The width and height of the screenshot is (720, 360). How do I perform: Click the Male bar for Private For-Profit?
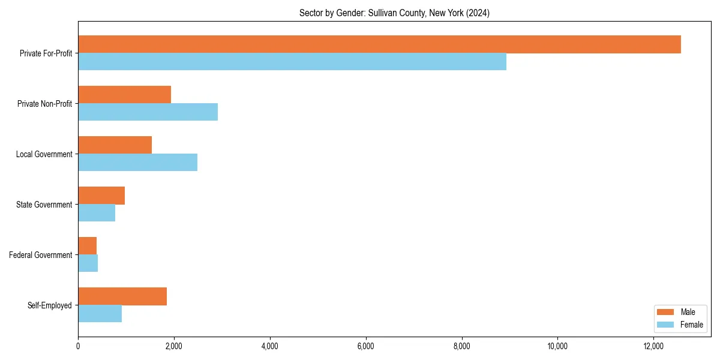[379, 44]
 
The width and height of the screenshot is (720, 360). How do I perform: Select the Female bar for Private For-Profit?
[292, 62]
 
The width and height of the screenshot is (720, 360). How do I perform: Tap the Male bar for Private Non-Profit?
[124, 95]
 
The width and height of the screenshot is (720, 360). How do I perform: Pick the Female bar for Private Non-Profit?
[148, 112]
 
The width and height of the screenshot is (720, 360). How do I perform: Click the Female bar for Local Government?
[137, 163]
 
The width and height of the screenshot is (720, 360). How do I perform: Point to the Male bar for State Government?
[101, 196]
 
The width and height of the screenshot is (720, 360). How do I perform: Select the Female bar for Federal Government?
[88, 263]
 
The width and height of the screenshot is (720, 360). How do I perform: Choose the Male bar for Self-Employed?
[122, 296]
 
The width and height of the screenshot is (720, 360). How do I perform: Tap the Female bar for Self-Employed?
[100, 314]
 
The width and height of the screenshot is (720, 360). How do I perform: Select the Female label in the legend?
[691, 325]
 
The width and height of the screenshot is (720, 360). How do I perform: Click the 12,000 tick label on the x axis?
[653, 346]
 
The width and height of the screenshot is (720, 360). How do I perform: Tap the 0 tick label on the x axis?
[78, 346]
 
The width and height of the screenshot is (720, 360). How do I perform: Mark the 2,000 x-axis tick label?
[173, 346]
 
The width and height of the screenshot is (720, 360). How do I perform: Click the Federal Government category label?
[41, 255]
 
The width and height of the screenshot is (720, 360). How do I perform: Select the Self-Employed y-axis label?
[50, 305]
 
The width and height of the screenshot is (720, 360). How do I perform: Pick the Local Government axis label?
[44, 154]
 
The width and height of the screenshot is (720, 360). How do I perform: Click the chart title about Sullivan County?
[394, 13]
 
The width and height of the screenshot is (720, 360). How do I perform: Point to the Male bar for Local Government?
[115, 145]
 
